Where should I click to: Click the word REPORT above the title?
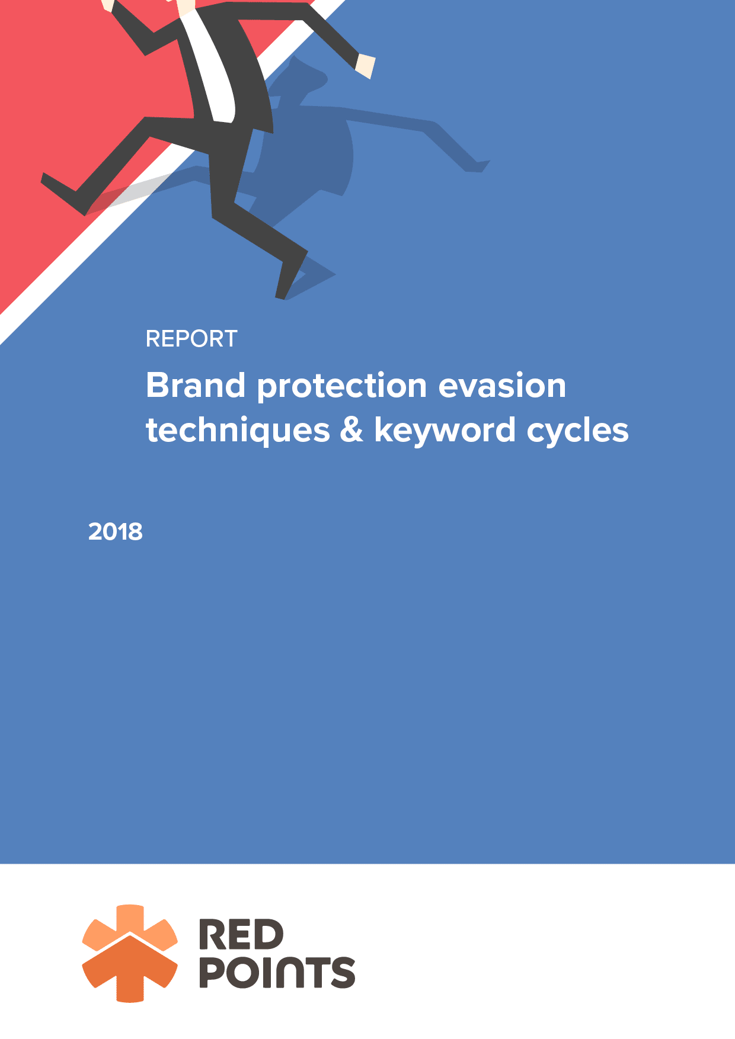point(191,339)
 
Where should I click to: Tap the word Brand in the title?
point(196,386)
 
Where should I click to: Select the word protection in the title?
point(342,387)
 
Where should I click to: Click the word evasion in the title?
point(503,386)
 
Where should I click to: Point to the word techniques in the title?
point(238,431)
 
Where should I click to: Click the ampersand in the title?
point(351,430)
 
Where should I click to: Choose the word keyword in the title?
point(445,431)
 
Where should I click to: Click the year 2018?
point(116,532)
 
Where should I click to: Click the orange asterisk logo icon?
point(130,953)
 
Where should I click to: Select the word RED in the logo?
point(241,935)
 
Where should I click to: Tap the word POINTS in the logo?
point(277,972)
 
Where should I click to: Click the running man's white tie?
point(212,65)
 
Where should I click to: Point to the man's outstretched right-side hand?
point(365,66)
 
